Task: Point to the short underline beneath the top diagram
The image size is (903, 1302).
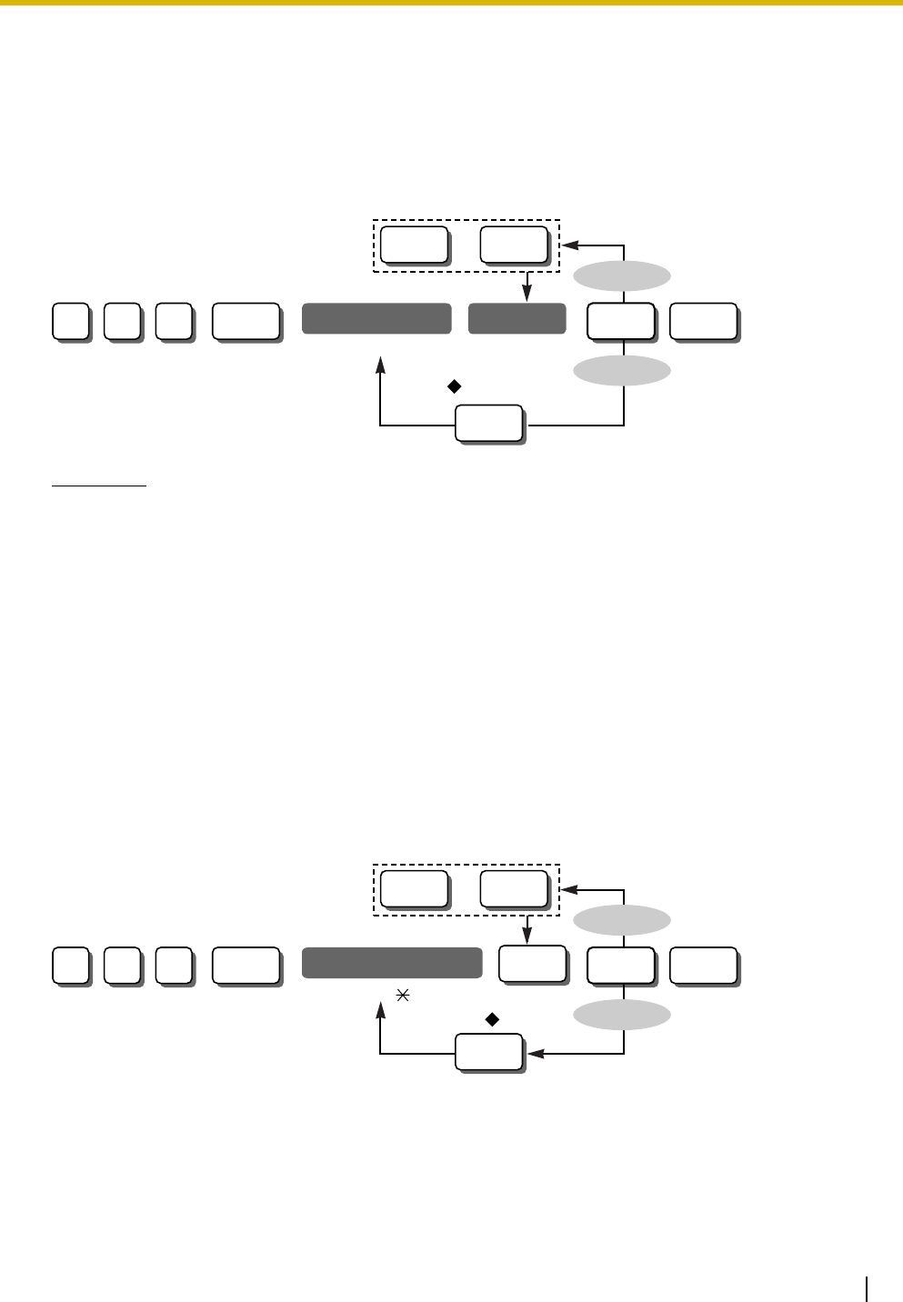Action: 98,486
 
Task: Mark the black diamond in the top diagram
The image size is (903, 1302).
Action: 452,386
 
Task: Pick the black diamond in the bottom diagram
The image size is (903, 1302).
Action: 492,1020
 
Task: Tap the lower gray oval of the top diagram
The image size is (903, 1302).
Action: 623,369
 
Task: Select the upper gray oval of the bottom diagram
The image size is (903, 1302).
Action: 623,920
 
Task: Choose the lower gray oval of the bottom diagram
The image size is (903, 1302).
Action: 623,1013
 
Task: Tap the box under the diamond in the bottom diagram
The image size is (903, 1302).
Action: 488,1053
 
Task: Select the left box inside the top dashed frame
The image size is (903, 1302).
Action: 414,244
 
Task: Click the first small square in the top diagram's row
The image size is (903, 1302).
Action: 70,322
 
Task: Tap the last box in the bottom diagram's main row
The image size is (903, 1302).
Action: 703,965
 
